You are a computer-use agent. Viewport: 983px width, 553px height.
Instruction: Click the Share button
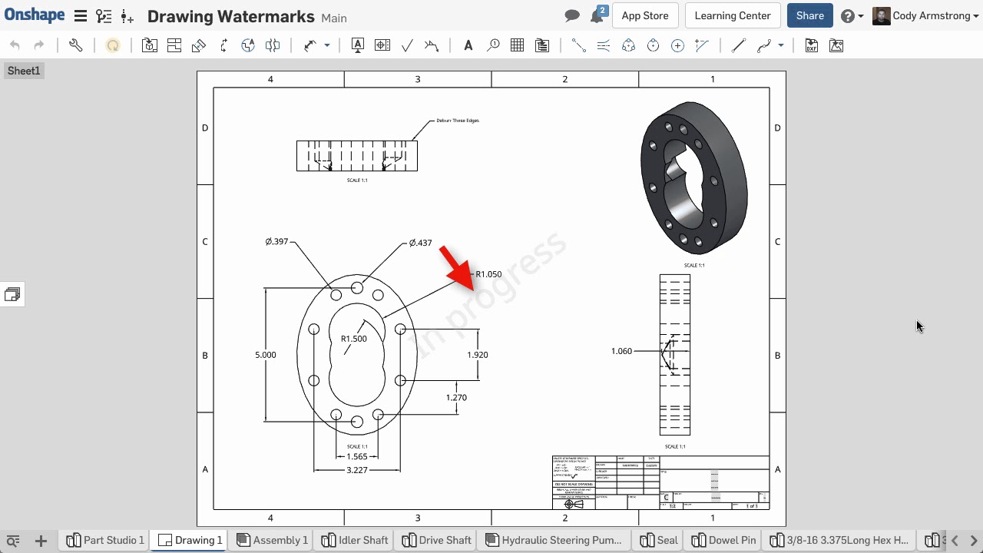(x=809, y=15)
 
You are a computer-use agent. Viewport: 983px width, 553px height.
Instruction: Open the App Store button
(x=644, y=15)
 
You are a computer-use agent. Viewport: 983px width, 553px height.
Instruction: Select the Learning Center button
(x=732, y=15)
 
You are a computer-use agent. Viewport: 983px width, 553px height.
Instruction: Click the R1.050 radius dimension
(x=488, y=274)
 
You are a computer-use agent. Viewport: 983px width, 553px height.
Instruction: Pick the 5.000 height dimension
(x=265, y=355)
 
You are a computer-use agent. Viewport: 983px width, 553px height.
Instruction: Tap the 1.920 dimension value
(x=477, y=355)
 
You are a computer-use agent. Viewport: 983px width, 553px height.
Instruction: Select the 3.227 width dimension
(x=356, y=470)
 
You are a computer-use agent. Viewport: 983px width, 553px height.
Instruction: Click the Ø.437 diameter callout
(x=420, y=243)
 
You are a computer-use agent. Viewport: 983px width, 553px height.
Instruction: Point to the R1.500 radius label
(x=353, y=339)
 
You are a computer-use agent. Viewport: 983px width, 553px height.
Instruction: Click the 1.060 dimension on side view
(x=621, y=351)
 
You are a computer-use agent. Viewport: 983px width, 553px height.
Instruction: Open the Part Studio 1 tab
(x=105, y=540)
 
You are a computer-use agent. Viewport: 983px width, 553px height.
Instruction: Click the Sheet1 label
(x=23, y=71)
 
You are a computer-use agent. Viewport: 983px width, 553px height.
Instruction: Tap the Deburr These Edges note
(x=457, y=121)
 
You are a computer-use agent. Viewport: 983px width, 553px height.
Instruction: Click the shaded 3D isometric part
(x=693, y=178)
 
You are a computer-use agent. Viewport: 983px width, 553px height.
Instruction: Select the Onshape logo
(x=35, y=15)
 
